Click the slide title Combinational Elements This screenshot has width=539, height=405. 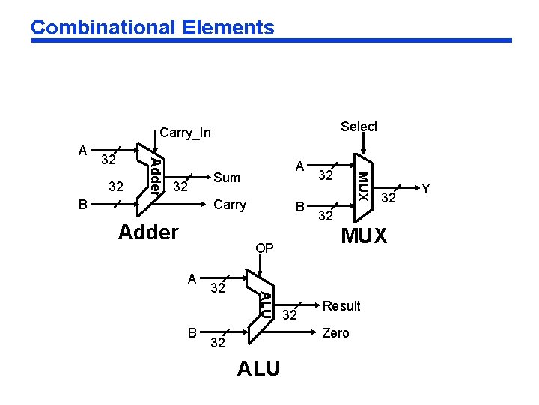[x=153, y=28]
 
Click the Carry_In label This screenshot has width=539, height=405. [x=186, y=133]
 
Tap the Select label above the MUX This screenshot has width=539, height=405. [x=359, y=127]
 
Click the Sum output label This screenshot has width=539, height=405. [x=227, y=178]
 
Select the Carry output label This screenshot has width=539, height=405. [x=230, y=205]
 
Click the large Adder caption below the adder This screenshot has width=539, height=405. [x=148, y=232]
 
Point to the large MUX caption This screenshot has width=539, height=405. [x=365, y=236]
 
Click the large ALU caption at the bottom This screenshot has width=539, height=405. [x=258, y=369]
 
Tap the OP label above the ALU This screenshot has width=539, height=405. [x=264, y=248]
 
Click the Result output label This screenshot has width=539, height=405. [x=341, y=306]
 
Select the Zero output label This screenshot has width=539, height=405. [x=335, y=333]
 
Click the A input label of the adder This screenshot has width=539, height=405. [x=83, y=150]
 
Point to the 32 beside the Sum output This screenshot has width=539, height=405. [x=180, y=186]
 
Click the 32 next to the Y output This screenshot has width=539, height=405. [x=389, y=198]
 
